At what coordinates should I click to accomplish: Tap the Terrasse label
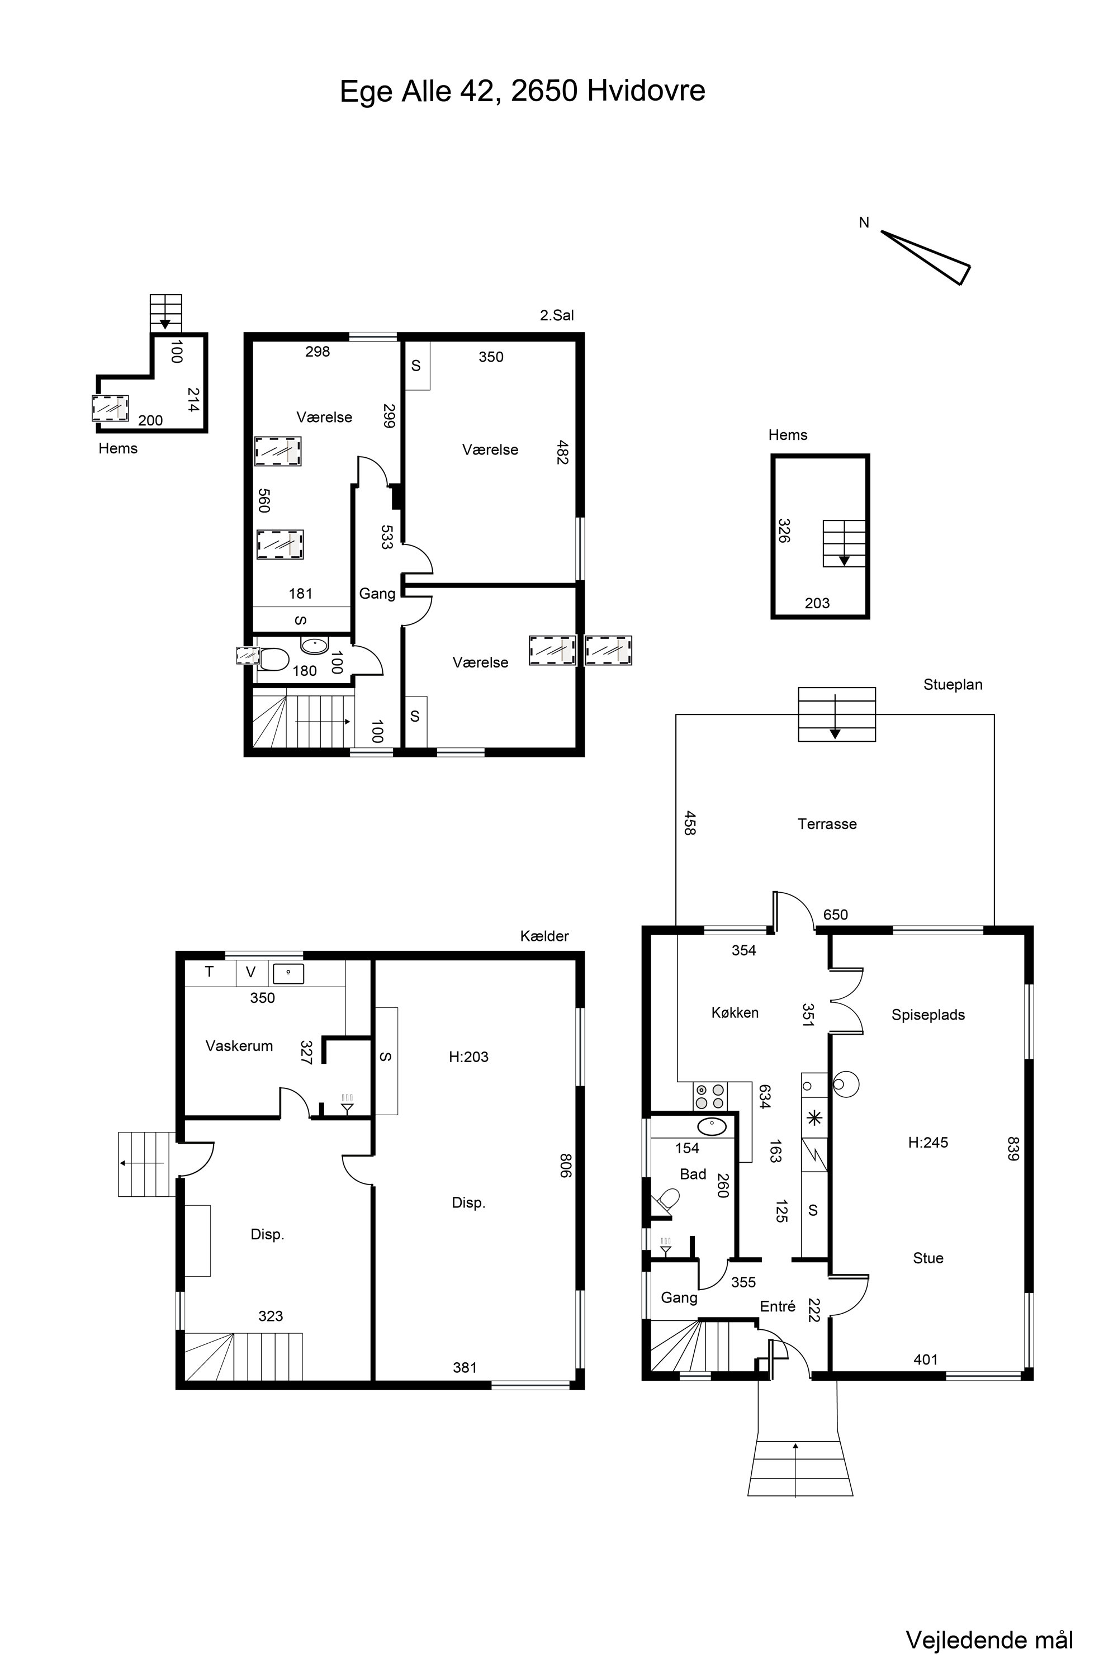[827, 824]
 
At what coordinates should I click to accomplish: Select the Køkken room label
[735, 1012]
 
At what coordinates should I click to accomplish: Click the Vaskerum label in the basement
[239, 1046]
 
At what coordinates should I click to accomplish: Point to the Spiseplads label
[928, 1015]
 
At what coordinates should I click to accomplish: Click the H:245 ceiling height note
[928, 1142]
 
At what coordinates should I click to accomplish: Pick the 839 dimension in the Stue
[1013, 1148]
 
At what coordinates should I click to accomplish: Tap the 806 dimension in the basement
[565, 1165]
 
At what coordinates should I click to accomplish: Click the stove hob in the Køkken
[709, 1096]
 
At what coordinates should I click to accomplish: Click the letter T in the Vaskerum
[209, 972]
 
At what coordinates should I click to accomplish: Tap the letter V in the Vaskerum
[250, 972]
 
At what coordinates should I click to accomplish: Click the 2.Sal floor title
[557, 315]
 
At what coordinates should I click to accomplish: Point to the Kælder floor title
[544, 936]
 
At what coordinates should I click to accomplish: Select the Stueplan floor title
[953, 684]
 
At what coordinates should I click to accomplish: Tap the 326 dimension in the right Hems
[784, 531]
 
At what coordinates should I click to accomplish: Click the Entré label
[778, 1306]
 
